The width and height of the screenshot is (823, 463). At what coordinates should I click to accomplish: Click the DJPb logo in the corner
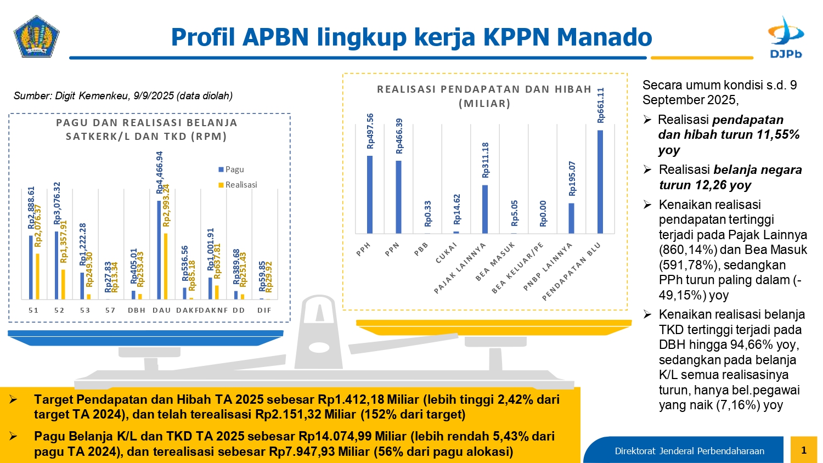tap(786, 37)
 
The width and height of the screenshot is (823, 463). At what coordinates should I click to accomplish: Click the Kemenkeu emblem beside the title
tap(36, 36)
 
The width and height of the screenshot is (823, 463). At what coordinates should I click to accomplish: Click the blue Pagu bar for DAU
tap(159, 250)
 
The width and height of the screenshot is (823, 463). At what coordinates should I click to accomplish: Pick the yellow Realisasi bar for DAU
tap(166, 266)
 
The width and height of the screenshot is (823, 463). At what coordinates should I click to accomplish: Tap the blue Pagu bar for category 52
tap(57, 265)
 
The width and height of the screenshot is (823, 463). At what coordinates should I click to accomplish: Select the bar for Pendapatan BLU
tap(600, 182)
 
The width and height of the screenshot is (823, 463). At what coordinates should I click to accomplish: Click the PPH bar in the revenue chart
tap(370, 195)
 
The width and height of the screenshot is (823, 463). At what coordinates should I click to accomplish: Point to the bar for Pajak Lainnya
tap(485, 209)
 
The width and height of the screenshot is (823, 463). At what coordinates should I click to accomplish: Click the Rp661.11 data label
tap(601, 105)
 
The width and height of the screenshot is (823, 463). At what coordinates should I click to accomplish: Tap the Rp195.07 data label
tap(572, 178)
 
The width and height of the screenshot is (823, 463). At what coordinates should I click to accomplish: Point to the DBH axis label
tap(137, 310)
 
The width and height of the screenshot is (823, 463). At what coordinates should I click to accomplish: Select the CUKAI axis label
tap(446, 253)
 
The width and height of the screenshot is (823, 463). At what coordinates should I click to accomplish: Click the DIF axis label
tap(264, 310)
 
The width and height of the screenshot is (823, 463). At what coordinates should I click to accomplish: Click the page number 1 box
tap(804, 450)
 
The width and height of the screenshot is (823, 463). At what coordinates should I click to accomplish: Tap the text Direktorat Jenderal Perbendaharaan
tap(689, 451)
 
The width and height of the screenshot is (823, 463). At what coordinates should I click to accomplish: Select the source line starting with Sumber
tap(123, 96)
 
